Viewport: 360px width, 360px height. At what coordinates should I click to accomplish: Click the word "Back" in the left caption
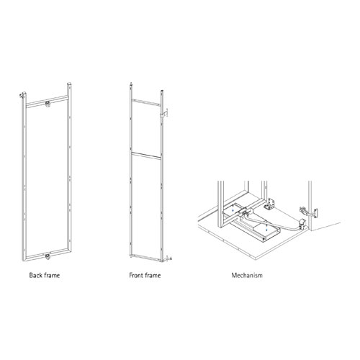click(x=35, y=275)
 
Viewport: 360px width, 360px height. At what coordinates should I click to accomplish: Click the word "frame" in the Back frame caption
click(x=52, y=275)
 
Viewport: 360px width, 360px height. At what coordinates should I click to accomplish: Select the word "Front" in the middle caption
click(x=136, y=275)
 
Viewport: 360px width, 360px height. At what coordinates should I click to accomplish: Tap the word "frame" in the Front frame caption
click(x=153, y=275)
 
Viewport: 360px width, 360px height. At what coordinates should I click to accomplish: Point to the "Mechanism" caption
click(x=247, y=275)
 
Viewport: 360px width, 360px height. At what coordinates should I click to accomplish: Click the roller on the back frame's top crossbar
click(x=48, y=104)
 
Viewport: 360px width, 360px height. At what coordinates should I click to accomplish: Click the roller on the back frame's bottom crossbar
click(x=48, y=256)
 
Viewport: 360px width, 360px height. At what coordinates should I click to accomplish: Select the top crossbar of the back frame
click(x=47, y=102)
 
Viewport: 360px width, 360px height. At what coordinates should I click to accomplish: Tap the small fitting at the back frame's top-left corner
click(x=22, y=95)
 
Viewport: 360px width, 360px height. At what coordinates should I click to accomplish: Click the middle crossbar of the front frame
click(x=146, y=156)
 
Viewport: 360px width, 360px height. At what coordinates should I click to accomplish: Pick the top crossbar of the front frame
click(x=146, y=102)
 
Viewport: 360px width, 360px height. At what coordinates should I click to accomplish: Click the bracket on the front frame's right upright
click(x=164, y=114)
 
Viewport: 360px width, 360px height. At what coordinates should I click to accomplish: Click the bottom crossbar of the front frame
click(x=146, y=257)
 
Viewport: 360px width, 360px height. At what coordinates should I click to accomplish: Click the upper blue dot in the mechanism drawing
click(x=233, y=210)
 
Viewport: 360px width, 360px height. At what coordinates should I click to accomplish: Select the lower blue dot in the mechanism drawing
click(x=266, y=229)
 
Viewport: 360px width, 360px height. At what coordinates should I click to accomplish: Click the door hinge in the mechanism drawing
click(x=308, y=212)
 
